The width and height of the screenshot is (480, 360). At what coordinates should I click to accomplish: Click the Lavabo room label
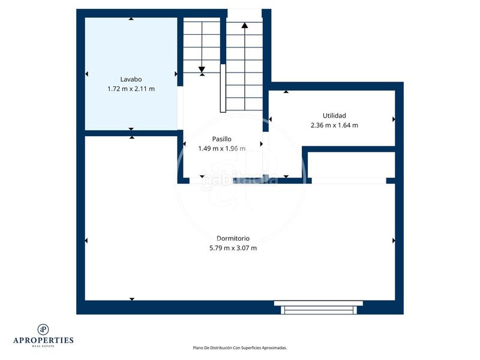point(131,79)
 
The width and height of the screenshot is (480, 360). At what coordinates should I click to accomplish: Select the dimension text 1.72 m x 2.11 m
point(131,89)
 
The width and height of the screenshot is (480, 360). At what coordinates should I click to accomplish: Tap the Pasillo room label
point(221,139)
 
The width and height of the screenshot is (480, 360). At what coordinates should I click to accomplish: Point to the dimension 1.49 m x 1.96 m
point(221,149)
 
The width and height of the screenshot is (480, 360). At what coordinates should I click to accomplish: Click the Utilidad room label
point(334,115)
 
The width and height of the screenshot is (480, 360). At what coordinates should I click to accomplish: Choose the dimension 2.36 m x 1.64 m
point(334,125)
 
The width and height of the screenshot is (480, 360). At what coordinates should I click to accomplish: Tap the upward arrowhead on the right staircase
point(245,26)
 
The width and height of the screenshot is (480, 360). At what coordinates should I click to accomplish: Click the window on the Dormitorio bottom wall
point(319,307)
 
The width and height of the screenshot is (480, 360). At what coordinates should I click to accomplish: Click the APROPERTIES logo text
point(43,340)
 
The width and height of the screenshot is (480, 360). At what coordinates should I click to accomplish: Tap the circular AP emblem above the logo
point(43,329)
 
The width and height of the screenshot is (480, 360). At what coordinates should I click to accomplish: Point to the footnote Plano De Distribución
point(239,347)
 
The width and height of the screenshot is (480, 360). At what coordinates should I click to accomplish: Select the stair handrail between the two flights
point(223,87)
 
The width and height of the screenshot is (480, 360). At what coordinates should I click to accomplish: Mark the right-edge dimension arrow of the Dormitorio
point(394,241)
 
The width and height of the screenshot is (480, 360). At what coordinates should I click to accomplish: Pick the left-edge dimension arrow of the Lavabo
point(86,74)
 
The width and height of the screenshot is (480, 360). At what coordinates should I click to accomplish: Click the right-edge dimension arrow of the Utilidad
point(394,119)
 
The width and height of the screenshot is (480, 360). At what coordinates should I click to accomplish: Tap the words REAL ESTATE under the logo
point(43,346)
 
